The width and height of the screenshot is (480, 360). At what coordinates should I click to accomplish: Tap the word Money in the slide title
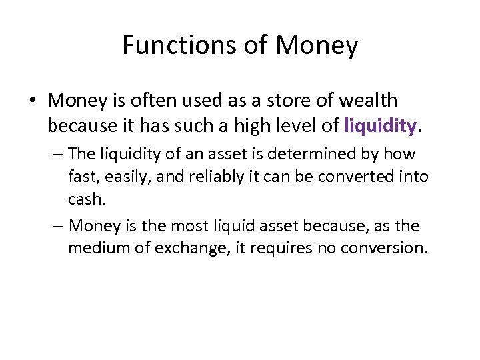point(317,45)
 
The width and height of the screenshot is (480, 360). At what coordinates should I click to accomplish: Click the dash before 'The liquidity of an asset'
point(58,154)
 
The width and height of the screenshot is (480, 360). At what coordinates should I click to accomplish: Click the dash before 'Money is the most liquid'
point(58,225)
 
